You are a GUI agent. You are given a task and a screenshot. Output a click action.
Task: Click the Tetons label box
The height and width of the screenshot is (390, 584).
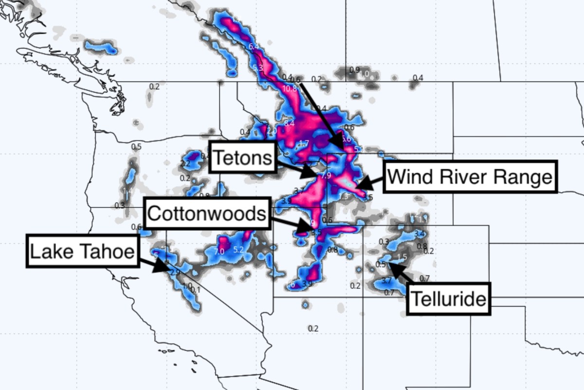click(x=242, y=157)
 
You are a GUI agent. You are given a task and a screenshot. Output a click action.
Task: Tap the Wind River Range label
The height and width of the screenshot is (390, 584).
click(x=470, y=176)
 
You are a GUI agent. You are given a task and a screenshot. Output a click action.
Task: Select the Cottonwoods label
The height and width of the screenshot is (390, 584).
click(x=207, y=214)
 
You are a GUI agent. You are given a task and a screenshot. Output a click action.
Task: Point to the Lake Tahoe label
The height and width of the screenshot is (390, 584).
click(x=82, y=252)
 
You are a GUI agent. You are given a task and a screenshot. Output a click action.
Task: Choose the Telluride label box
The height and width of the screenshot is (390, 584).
click(x=449, y=298)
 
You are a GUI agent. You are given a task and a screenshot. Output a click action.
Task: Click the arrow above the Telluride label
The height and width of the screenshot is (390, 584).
click(x=400, y=271)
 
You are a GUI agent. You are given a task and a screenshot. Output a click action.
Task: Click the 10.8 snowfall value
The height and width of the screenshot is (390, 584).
click(x=289, y=89)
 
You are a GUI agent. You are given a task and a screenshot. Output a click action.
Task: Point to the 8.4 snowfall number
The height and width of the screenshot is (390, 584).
click(x=290, y=124)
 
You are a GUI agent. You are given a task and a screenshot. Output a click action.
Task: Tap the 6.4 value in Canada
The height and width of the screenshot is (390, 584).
click(x=254, y=47)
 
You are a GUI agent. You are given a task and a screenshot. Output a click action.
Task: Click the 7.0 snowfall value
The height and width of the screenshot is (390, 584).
click(x=219, y=252)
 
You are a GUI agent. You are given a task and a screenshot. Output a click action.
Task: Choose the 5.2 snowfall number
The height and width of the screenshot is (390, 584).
click(x=238, y=250)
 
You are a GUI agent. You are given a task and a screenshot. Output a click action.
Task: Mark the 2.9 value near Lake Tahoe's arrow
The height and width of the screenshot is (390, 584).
click(x=176, y=273)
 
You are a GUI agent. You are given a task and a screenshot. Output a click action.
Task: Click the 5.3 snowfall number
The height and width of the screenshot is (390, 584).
click(x=258, y=68)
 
